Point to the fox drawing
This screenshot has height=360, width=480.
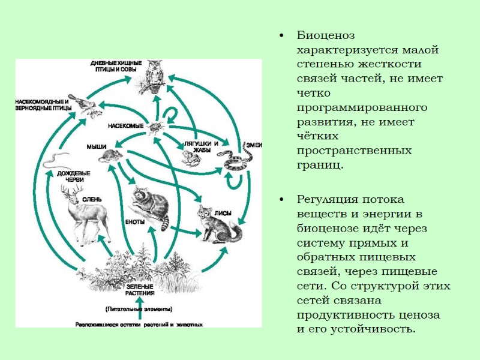point(218,225)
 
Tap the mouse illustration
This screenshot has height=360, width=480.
point(110,156)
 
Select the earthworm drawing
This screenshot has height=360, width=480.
point(52,158)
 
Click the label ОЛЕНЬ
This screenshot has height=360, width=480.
point(92,199)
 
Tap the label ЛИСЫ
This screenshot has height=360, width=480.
point(223,212)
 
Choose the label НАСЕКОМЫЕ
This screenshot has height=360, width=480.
point(125,126)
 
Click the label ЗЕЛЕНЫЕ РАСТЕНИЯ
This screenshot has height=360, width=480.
point(140,290)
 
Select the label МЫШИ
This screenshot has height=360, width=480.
point(96,147)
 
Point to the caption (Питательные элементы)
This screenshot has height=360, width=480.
point(139,309)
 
